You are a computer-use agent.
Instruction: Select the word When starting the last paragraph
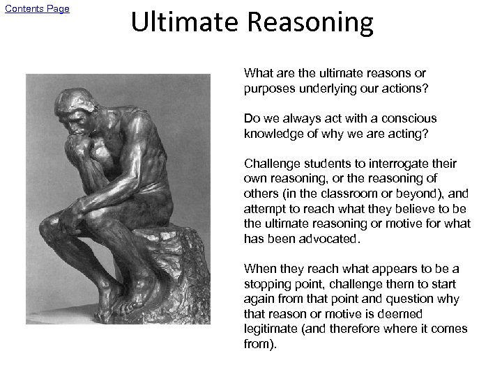258,269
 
